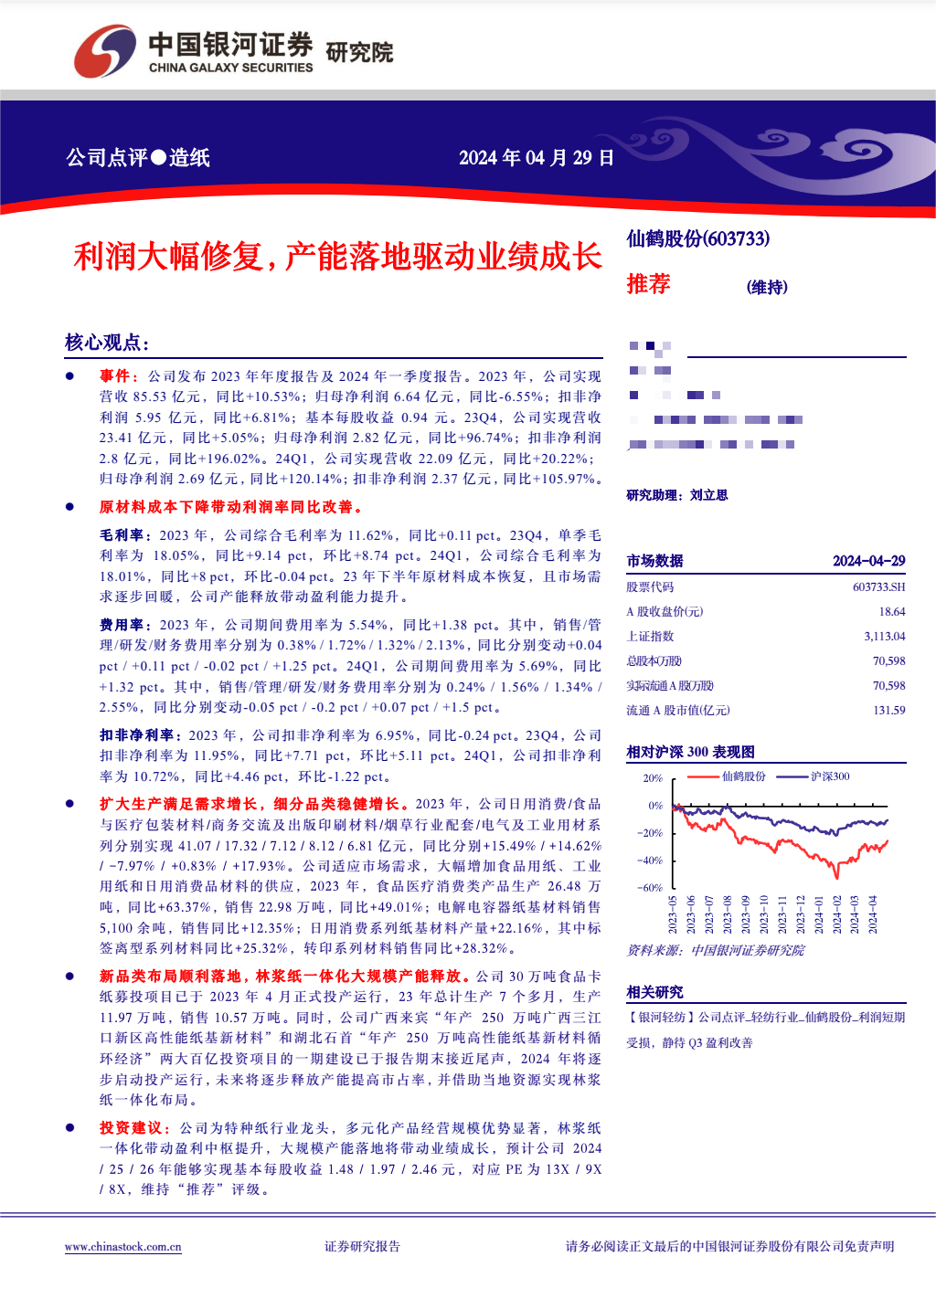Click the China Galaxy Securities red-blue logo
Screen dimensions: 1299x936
coord(104,51)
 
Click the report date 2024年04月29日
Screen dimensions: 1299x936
coord(536,158)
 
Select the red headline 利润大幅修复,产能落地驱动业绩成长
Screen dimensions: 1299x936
coord(337,257)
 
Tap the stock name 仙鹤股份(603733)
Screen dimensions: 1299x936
coord(697,239)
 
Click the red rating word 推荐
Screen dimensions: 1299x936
coord(648,284)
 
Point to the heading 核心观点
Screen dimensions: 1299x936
coord(106,343)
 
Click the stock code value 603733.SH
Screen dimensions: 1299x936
coord(878,587)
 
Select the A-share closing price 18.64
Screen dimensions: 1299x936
coord(891,612)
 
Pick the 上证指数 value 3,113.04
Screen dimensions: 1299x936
coord(884,637)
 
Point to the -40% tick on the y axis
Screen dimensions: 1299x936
coord(650,861)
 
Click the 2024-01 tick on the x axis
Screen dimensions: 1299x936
coord(818,914)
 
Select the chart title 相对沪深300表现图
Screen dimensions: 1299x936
coord(690,752)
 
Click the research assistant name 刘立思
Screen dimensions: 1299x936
coord(708,495)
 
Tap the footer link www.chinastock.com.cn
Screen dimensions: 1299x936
coord(122,1247)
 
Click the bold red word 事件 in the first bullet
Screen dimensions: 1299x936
coord(115,376)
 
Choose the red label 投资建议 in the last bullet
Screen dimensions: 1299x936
coord(130,1128)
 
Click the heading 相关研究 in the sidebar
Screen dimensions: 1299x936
coord(654,992)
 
